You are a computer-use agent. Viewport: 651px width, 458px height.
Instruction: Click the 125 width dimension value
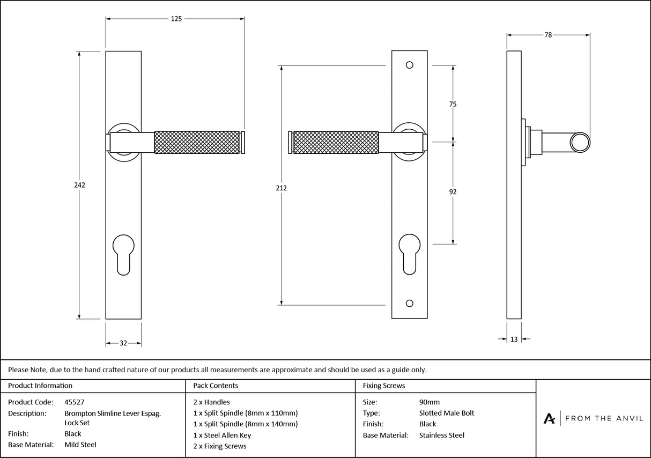176,19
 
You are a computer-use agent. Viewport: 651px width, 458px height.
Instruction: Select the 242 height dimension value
80,185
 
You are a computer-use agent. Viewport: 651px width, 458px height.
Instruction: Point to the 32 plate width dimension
123,343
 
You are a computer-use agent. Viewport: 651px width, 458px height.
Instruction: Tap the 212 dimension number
282,188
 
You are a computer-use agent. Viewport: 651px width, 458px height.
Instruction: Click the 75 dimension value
453,104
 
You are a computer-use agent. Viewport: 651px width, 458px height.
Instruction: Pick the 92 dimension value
453,191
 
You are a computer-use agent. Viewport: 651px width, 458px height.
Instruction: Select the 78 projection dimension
548,35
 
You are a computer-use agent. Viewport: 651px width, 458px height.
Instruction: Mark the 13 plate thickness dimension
514,339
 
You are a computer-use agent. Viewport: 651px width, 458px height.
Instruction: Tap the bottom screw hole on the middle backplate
410,304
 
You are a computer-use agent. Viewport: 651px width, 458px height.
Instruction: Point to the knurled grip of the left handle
197,142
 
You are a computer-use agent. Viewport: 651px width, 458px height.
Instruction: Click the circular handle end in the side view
579,142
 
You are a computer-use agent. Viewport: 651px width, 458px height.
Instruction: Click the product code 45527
74,402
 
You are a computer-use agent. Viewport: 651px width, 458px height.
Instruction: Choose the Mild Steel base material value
80,444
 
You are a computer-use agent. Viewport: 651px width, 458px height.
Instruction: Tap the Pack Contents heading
216,386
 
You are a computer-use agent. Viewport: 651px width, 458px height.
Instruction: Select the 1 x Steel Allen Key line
222,435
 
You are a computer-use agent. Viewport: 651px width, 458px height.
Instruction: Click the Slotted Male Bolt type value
446,413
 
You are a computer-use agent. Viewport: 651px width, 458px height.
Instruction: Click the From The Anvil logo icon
549,418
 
